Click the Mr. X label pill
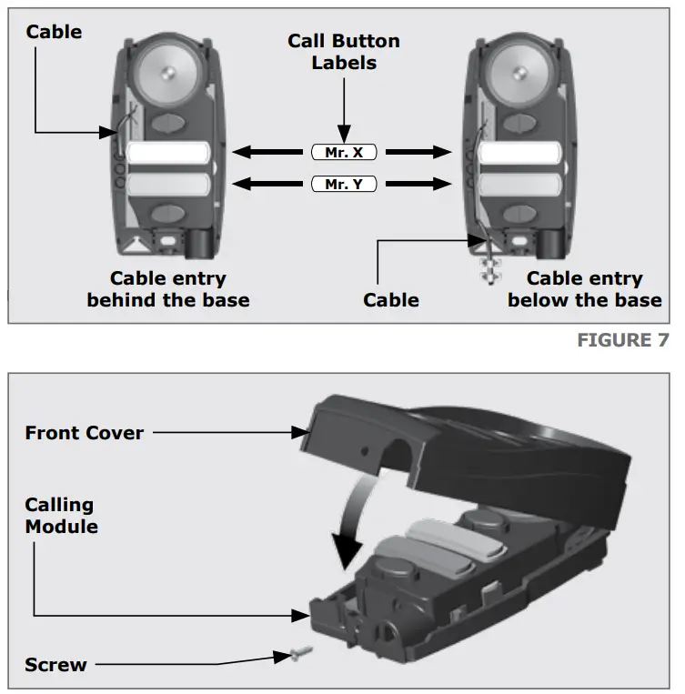tap(343, 153)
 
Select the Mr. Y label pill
tap(343, 185)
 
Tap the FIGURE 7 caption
tap(622, 340)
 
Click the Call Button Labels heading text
tap(343, 52)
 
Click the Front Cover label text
tap(84, 433)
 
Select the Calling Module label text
tap(61, 515)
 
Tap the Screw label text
tap(55, 665)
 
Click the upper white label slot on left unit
tap(168, 153)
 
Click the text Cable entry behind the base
tap(168, 289)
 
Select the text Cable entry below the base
tap(584, 289)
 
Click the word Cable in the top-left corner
tap(54, 32)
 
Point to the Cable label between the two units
tap(391, 299)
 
